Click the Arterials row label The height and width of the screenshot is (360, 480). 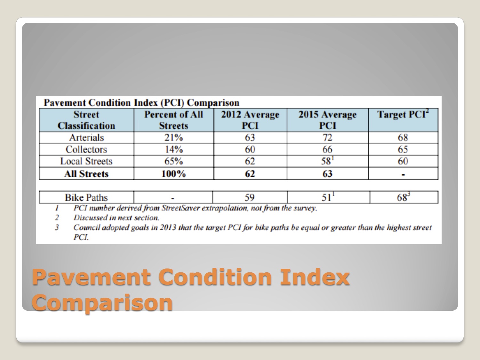click(86, 138)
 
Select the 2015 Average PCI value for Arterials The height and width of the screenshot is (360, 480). click(327, 138)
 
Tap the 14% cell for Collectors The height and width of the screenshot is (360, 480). click(174, 149)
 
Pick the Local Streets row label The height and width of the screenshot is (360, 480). click(86, 161)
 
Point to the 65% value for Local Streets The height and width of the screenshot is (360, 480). click(174, 161)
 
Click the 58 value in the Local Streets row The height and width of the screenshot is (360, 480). click(326, 161)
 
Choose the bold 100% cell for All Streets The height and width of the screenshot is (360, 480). click(174, 174)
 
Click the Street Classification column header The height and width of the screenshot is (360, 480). click(86, 120)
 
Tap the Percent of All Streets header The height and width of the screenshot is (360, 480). click(174, 120)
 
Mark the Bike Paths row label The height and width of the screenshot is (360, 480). click(86, 197)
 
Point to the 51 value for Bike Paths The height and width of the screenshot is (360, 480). click(326, 197)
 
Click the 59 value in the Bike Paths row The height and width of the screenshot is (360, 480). click(250, 197)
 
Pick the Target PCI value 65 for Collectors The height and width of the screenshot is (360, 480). click(403, 149)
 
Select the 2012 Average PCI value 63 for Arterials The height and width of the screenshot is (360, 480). click(250, 138)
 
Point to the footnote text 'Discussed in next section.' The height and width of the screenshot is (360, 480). click(116, 218)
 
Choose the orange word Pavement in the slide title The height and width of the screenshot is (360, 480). click(92, 277)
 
